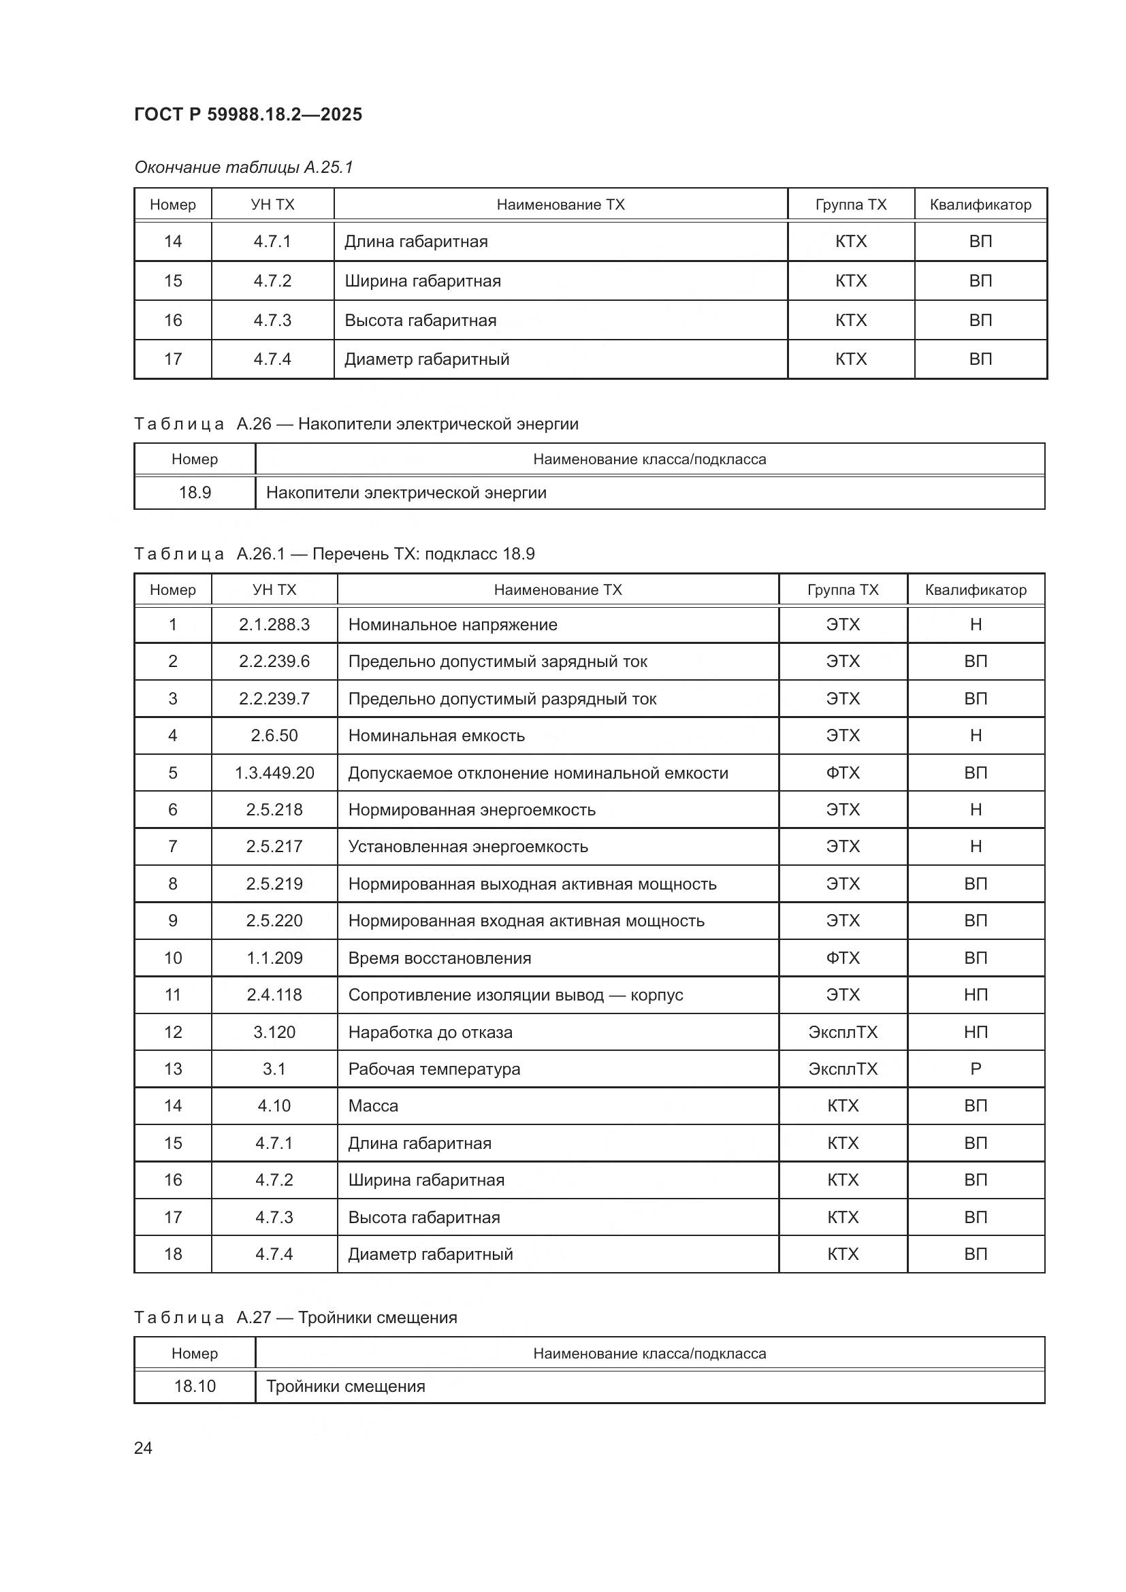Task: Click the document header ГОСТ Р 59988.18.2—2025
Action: (248, 114)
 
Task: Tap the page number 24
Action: (143, 1448)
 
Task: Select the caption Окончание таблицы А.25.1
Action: (243, 167)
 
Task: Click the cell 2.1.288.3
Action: (274, 625)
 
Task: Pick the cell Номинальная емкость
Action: (436, 736)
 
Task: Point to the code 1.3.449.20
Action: (274, 773)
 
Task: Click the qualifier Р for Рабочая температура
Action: (975, 1069)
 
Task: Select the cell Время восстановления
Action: (440, 958)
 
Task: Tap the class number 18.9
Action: (195, 493)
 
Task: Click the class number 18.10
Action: (195, 1386)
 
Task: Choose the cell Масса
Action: (373, 1106)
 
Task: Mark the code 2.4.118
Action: (274, 995)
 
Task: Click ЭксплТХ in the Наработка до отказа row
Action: (842, 1033)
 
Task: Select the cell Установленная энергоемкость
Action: (468, 847)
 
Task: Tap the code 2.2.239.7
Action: (274, 699)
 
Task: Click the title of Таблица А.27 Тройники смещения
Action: (295, 1318)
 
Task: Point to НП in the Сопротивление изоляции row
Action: (975, 995)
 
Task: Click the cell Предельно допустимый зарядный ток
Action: (497, 662)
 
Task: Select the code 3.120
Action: (274, 1033)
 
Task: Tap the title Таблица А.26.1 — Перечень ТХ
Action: (334, 554)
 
